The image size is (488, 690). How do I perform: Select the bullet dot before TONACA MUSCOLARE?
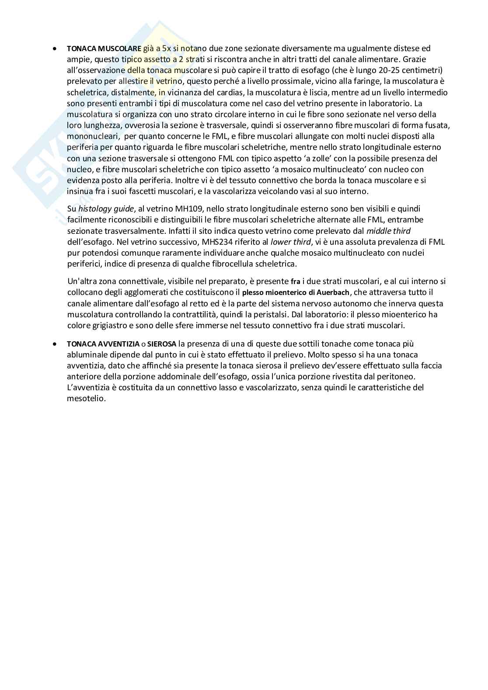coord(54,49)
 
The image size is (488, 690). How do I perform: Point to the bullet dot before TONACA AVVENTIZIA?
coord(54,344)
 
